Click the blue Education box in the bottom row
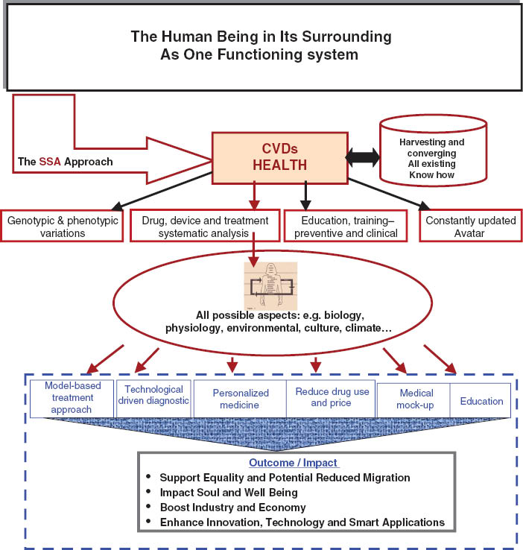[481, 400]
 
